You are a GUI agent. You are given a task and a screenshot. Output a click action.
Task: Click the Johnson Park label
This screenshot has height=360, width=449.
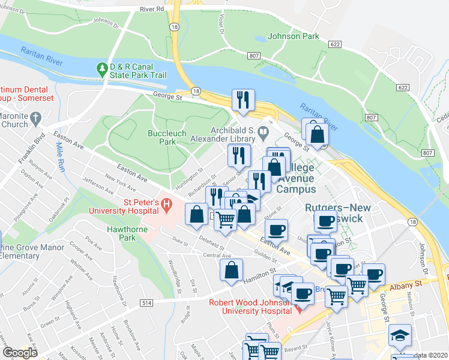pos(294,37)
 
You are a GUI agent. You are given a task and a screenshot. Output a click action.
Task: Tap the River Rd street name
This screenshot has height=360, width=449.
pos(151,10)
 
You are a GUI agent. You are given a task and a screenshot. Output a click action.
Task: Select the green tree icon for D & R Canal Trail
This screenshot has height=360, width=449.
pos(101,70)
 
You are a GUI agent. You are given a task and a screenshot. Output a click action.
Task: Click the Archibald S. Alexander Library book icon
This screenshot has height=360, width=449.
pos(262,131)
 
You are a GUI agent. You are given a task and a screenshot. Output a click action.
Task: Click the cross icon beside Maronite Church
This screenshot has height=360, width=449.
pos(35,117)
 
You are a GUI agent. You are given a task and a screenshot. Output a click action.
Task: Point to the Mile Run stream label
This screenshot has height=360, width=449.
pos(60,157)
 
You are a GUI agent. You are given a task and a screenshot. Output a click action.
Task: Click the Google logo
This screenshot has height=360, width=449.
pos(19,352)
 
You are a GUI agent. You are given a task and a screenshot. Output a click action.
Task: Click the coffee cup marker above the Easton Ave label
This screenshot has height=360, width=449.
pos(276,229)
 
